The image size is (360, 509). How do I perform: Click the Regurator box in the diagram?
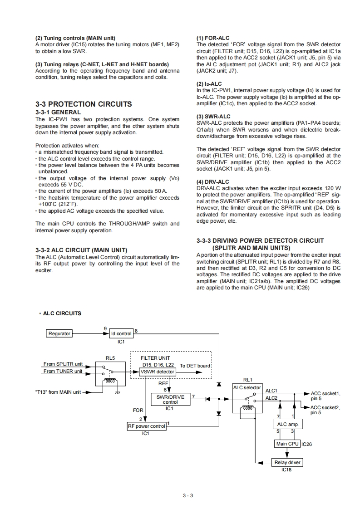point(59,333)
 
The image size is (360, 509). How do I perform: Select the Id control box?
point(121,333)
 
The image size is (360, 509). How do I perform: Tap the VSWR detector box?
point(158,372)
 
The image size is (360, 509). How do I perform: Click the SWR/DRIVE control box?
point(170,399)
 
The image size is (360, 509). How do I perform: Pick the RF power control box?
point(146,426)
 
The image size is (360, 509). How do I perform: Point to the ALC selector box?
point(247,387)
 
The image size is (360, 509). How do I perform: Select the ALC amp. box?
point(287,424)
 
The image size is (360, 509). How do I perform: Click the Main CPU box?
point(287,444)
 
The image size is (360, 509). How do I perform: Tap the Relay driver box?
point(287,463)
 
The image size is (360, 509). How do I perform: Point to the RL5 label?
point(110,358)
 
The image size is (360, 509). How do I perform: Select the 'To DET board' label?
point(195,366)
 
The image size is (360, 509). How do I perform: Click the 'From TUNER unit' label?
point(63,371)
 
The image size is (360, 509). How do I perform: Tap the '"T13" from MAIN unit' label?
point(58,392)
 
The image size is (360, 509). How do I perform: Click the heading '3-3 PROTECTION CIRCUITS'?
point(84,104)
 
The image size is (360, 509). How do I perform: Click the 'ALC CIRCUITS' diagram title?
point(62,313)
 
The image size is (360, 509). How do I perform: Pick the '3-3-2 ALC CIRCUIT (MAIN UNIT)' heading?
point(81,250)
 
